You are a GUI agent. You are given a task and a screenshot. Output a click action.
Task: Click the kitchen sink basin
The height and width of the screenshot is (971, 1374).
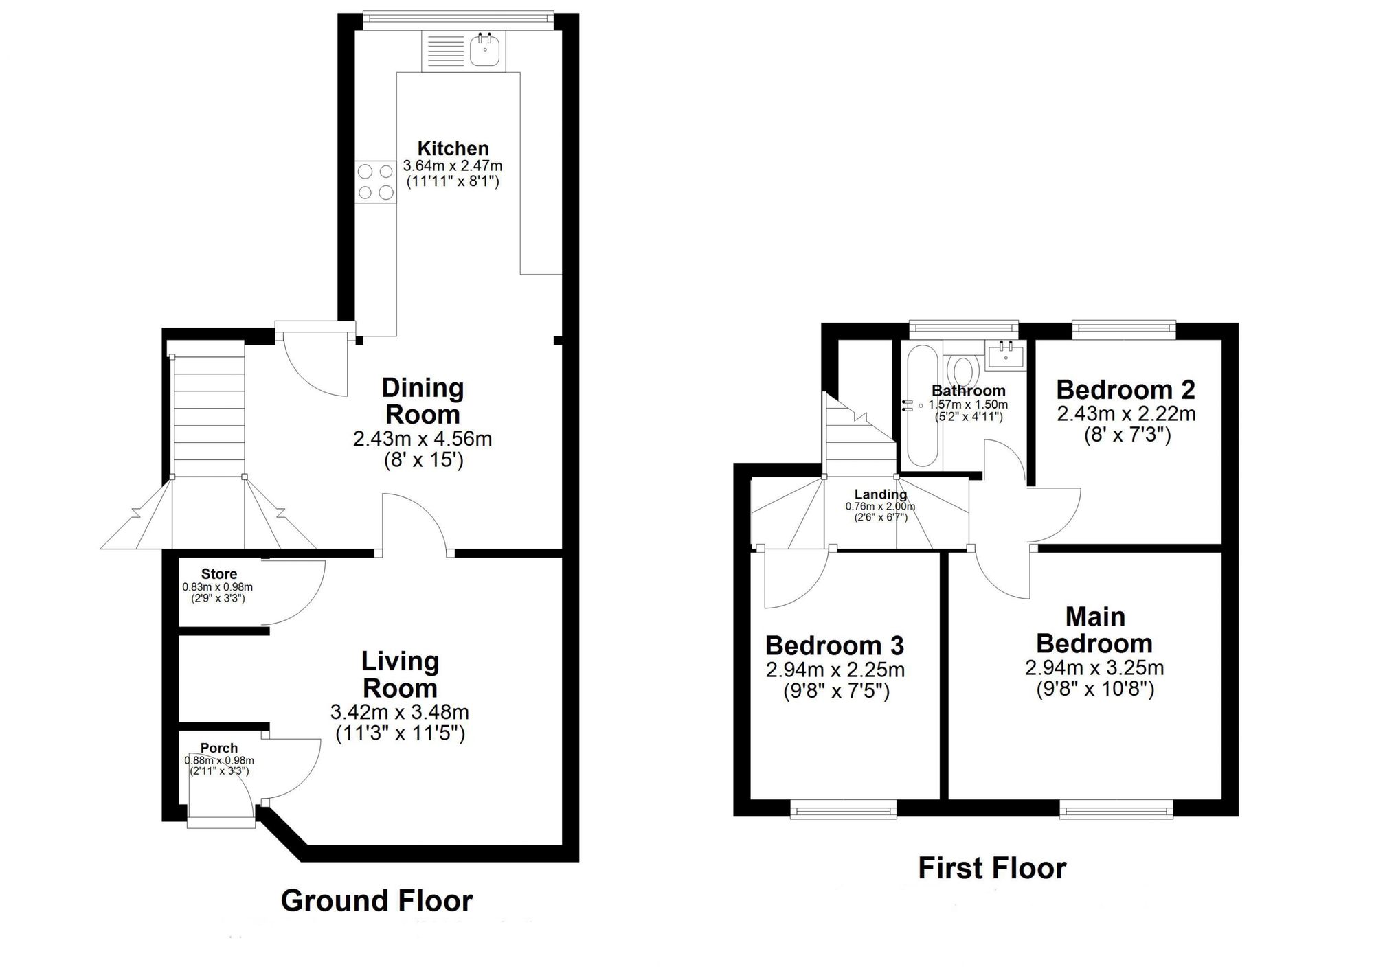tap(486, 49)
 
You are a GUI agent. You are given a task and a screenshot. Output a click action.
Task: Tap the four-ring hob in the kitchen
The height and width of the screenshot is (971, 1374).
tap(376, 182)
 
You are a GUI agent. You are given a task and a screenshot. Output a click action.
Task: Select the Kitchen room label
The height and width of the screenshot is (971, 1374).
tap(453, 148)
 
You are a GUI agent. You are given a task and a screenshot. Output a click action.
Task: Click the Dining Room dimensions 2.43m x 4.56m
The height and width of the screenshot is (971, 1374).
tap(423, 438)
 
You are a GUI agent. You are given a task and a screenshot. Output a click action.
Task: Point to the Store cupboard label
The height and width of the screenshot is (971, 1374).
tap(219, 574)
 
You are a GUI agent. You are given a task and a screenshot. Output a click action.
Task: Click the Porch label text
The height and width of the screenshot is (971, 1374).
tap(219, 748)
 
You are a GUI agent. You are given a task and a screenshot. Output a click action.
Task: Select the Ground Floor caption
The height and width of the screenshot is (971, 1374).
tap(376, 900)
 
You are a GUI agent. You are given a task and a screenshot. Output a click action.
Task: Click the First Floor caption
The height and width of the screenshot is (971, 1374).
tap(992, 868)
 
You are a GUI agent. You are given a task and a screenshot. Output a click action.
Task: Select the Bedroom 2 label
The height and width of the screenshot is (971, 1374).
tap(1125, 390)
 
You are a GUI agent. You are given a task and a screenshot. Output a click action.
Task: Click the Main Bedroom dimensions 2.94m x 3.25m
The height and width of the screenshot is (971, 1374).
tap(1094, 667)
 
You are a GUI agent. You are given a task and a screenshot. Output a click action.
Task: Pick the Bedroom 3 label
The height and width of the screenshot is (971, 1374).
tap(835, 646)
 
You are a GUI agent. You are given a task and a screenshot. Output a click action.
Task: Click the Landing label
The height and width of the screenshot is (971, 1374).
tap(880, 494)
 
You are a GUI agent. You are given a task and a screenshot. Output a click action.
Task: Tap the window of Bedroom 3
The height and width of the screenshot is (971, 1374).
tap(844, 812)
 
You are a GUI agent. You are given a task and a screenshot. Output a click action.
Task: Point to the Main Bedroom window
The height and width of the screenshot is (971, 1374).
tap(1116, 812)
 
